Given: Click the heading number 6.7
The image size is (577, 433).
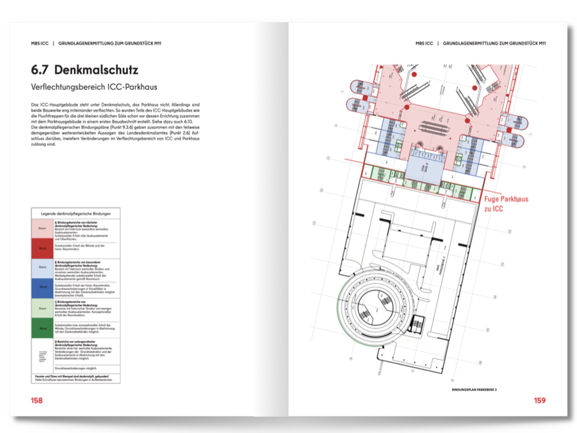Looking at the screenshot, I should [x=40, y=70].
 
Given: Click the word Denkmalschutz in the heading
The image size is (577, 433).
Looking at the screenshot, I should [x=96, y=70].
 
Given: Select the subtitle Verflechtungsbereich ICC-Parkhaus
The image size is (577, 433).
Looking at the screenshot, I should [x=94, y=87].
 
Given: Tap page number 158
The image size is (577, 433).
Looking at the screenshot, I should [x=37, y=400].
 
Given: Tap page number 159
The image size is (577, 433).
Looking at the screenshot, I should [x=539, y=400].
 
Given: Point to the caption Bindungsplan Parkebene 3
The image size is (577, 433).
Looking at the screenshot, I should [x=474, y=390].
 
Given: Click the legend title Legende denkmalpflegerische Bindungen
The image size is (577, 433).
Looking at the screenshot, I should [x=76, y=214].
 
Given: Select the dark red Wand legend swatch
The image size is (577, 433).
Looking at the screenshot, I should [x=42, y=248].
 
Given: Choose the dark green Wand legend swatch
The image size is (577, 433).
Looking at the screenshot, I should [x=42, y=328].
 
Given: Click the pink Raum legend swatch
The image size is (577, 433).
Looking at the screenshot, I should [x=42, y=228].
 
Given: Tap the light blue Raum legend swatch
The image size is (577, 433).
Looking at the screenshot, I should [x=42, y=267].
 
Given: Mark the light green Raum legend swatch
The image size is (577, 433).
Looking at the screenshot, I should [x=42, y=308].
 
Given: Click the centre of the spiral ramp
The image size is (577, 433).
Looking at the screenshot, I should [x=375, y=308].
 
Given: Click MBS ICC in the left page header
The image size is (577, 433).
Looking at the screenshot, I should [x=40, y=43].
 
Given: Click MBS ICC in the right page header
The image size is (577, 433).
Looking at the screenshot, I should [x=424, y=43].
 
